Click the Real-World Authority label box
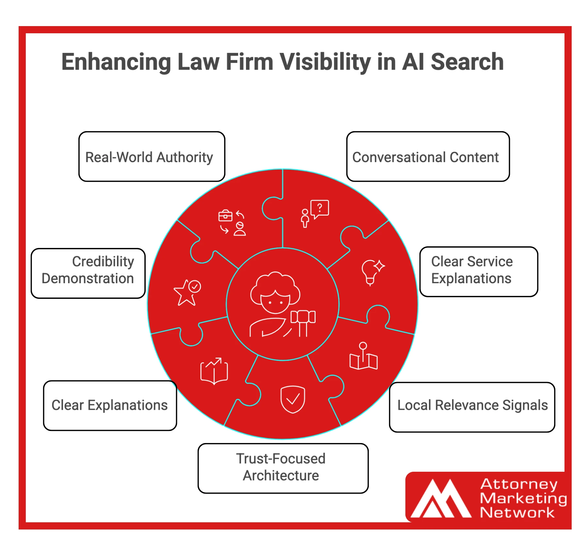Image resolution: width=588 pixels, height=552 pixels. (152, 157)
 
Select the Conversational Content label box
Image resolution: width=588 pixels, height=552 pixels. (428, 157)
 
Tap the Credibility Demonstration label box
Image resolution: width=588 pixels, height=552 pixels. (88, 273)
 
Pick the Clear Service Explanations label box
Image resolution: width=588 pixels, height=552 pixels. (478, 271)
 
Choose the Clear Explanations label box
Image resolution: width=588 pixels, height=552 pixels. (110, 405)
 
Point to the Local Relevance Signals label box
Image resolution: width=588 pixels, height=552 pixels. (472, 407)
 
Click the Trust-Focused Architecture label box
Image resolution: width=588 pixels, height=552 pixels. (283, 468)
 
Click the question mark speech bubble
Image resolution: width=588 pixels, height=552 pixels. (320, 208)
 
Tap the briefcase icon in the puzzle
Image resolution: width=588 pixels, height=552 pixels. (225, 216)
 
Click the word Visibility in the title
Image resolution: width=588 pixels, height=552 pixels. (325, 62)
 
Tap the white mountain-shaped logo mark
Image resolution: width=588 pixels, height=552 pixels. (441, 499)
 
